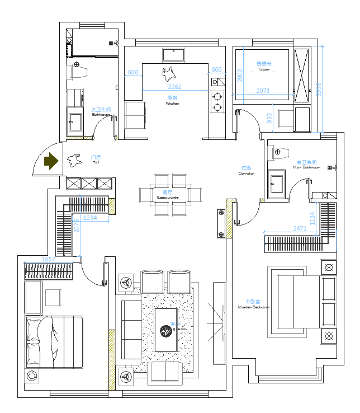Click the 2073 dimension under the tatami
point(263,90)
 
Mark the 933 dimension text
point(269,118)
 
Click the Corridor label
point(246,171)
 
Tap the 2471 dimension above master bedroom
point(300,228)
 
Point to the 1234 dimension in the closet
point(89,218)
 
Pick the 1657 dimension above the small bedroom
point(49,259)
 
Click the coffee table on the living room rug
point(166,330)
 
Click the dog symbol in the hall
point(73,161)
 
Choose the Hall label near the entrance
point(96,159)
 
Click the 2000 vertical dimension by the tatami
point(239,75)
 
